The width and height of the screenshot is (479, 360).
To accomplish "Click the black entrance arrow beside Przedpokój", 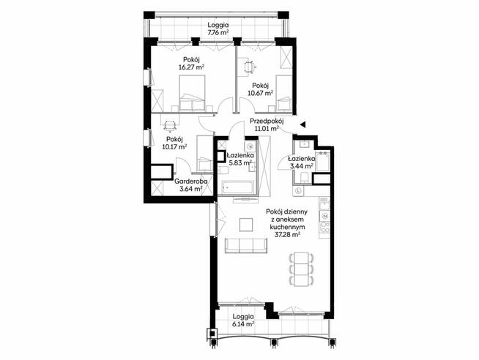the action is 302,124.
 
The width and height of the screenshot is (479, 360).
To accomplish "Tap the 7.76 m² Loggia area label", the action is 218,32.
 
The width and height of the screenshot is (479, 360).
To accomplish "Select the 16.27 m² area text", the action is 191,67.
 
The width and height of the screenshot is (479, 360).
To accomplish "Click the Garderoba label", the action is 191,181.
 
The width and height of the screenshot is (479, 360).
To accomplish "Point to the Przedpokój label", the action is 267,121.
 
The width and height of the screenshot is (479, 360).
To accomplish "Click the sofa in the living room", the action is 246,246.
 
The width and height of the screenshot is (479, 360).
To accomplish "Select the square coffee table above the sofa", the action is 246,225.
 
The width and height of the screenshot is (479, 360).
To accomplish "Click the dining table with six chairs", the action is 301,269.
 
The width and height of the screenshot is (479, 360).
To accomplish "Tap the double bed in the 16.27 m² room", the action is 192,93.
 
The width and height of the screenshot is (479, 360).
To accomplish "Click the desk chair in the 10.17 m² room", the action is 169,125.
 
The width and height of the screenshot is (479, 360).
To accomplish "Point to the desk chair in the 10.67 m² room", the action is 250,67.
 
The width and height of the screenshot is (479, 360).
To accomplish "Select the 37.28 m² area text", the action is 287,235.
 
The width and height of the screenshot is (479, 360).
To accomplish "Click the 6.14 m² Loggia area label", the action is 243,324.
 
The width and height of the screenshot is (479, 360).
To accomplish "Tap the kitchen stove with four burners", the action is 324,228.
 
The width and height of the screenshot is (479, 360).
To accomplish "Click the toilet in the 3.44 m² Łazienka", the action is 304,178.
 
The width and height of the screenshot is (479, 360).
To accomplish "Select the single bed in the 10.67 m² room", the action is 284,94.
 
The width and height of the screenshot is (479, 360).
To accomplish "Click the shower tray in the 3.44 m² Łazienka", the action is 322,162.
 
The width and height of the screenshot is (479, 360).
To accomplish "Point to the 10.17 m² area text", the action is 174,147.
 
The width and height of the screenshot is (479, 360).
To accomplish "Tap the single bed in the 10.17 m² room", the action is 204,153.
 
